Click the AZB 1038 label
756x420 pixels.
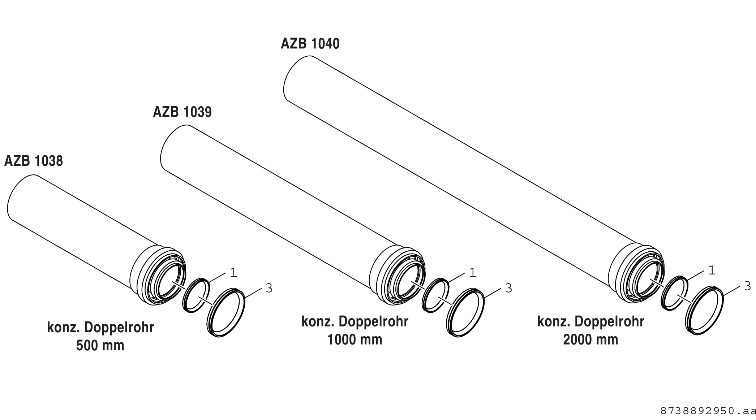tap(34, 161)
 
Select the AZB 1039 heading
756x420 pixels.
tap(182, 112)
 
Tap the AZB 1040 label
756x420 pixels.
tap(310, 44)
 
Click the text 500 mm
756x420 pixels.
tap(100, 346)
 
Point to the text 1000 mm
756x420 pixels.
tap(355, 340)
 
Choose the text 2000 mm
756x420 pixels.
tap(590, 340)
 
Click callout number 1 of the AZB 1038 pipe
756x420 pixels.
tap(233, 273)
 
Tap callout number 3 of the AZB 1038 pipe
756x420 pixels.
tap(269, 288)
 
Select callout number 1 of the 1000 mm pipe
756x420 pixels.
tap(472, 273)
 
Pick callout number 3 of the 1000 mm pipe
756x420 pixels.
tap(508, 288)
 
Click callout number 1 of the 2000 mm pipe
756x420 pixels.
tap(712, 270)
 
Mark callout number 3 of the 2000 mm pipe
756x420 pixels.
tap(748, 286)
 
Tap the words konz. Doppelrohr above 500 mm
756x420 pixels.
tap(100, 328)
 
